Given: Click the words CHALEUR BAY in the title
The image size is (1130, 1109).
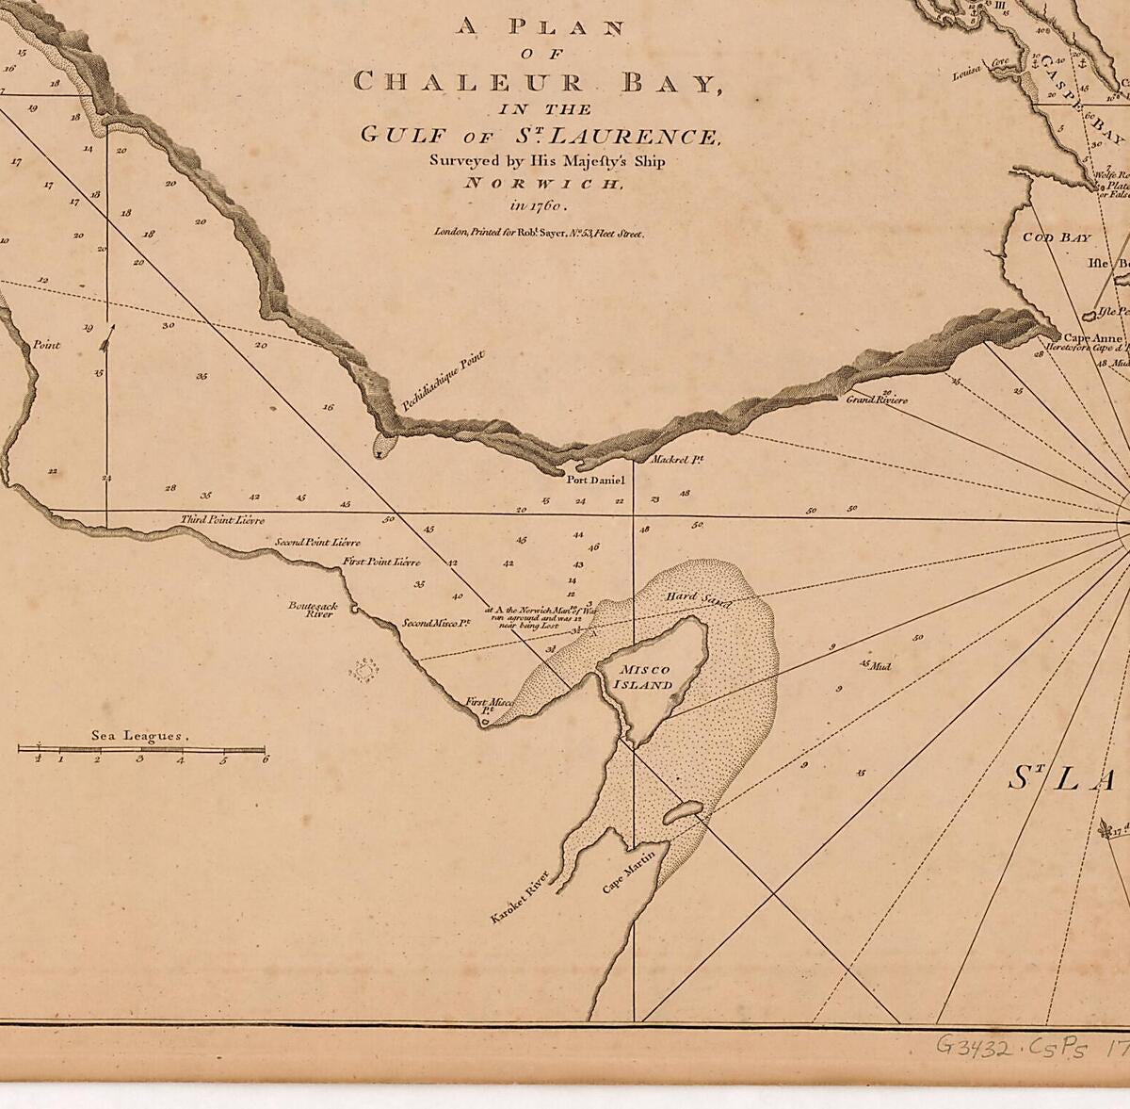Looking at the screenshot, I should point(534,82).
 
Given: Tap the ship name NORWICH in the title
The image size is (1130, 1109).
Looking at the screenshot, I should point(543,183).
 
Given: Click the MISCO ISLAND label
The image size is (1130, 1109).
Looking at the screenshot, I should point(645,677).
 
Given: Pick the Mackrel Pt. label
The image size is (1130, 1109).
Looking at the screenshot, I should point(678,460).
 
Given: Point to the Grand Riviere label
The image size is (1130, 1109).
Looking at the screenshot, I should point(876,400).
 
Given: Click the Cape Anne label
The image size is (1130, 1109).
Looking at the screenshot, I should point(1091,337).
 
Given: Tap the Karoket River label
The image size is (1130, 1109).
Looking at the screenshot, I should point(518,902).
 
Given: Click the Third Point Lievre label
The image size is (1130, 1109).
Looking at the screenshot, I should point(222,520).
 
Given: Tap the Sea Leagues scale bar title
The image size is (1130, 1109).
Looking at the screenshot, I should point(140,736).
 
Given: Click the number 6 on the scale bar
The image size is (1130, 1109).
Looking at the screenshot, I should point(266,758).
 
